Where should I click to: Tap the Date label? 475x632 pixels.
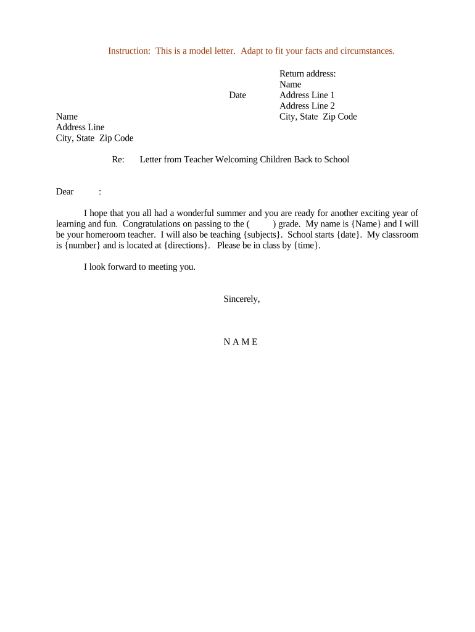(238, 95)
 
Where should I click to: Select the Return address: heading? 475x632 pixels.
(308, 73)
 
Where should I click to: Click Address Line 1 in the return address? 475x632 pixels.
(307, 95)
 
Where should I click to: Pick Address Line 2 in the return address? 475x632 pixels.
(307, 106)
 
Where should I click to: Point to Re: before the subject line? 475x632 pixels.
(118, 159)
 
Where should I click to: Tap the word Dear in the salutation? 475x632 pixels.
(65, 191)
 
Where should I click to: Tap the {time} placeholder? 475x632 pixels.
(306, 245)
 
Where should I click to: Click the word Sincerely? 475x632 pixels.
(241, 299)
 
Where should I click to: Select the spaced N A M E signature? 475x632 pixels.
(241, 342)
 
